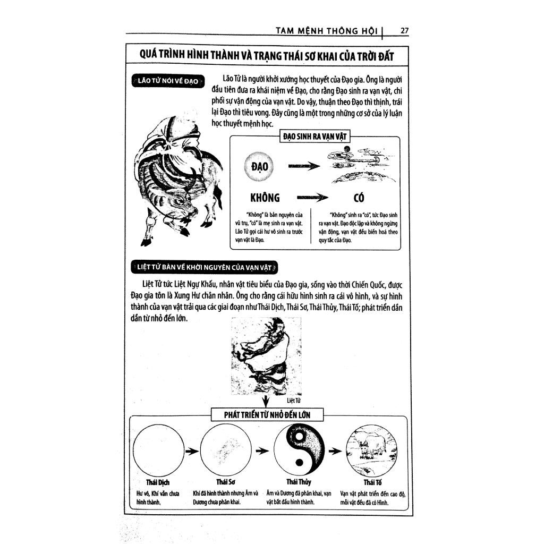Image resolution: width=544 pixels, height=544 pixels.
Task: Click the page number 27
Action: pyautogui.click(x=404, y=31)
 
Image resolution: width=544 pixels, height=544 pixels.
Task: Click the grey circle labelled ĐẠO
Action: pyautogui.click(x=261, y=167)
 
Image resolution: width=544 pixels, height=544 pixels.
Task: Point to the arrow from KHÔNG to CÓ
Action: pyautogui.click(x=310, y=199)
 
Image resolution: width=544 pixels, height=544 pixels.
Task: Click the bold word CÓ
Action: pyautogui.click(x=359, y=199)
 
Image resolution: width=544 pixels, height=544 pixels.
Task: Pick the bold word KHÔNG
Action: pyautogui.click(x=264, y=199)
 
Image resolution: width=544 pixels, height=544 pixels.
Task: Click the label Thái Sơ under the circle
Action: pyautogui.click(x=226, y=482)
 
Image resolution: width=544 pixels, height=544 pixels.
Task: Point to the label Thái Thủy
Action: pyautogui.click(x=299, y=482)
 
